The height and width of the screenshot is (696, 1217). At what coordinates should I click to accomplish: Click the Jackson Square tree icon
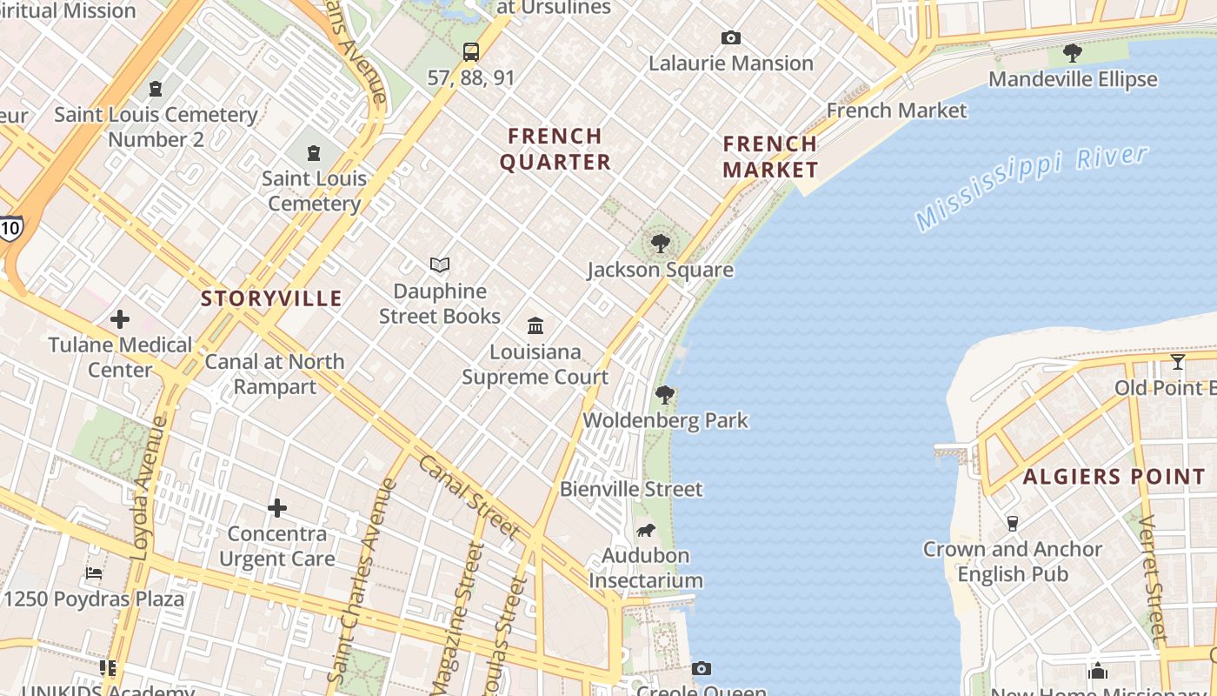(661, 243)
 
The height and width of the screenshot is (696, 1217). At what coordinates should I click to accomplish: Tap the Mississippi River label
(1032, 187)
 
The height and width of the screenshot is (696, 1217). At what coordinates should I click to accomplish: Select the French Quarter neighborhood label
(555, 149)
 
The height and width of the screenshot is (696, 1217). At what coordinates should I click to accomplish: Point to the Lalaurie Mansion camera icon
(731, 37)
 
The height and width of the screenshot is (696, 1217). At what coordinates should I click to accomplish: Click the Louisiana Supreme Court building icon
(535, 326)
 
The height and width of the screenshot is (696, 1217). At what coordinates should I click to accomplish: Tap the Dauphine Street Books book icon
(440, 264)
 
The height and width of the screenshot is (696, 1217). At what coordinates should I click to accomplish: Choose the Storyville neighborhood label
(271, 298)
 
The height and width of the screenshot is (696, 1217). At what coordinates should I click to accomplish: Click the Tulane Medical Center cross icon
(120, 319)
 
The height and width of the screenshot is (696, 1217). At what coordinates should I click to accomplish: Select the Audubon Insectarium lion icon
(645, 530)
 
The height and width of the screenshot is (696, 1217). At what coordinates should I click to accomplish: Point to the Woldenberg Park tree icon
(665, 395)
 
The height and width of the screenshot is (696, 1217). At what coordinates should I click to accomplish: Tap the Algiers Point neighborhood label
(1114, 477)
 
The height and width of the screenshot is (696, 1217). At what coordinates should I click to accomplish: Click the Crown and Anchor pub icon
(1012, 523)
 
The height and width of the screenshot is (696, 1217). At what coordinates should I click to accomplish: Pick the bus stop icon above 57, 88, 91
(470, 51)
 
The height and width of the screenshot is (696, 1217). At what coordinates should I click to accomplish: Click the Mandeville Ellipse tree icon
(1073, 53)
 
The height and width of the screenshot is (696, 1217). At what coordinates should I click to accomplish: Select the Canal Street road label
(469, 497)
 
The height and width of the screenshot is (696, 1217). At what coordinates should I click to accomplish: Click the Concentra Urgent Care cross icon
(276, 507)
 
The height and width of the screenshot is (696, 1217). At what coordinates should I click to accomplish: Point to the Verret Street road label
(1153, 579)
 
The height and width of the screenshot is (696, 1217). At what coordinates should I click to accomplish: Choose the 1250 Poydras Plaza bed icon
(94, 573)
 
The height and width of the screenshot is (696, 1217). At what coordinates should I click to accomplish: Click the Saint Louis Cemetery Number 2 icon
(156, 89)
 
